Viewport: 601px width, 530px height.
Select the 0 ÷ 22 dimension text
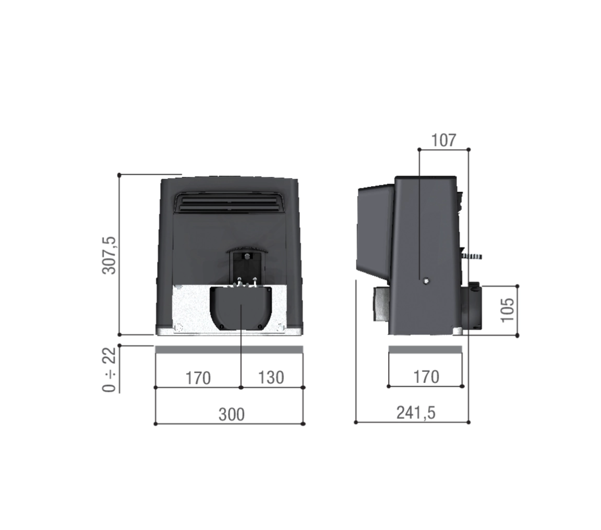(x=110, y=369)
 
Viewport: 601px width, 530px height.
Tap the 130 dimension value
(x=271, y=377)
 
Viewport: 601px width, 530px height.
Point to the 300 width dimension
(x=231, y=414)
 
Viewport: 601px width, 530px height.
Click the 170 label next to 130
(x=198, y=377)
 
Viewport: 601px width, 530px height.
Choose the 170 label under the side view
(x=426, y=376)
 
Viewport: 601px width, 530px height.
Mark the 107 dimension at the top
(x=443, y=140)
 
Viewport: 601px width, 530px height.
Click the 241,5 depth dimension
(x=415, y=413)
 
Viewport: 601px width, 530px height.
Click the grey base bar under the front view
(x=229, y=349)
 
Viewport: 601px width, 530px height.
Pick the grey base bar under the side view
(x=425, y=349)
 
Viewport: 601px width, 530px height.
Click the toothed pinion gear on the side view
(x=471, y=256)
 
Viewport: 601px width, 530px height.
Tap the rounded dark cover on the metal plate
(x=241, y=309)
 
